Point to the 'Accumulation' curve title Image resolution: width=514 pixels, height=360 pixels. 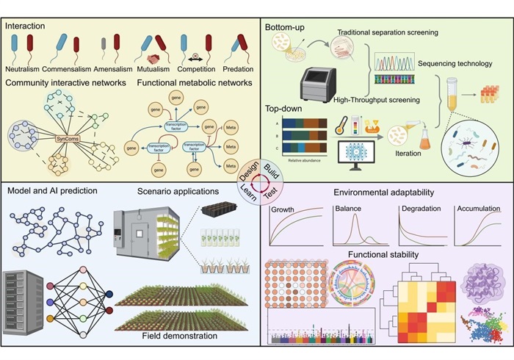480,209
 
